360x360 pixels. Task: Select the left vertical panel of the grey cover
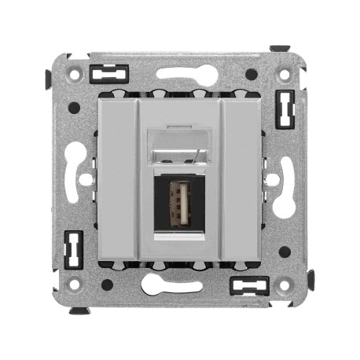point(118,178)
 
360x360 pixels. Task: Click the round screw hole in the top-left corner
point(76,75)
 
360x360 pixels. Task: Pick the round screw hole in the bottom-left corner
point(76,283)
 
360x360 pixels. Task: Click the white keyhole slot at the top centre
point(180,76)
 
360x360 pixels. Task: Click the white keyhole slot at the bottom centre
point(180,282)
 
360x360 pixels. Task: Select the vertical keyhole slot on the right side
point(276,179)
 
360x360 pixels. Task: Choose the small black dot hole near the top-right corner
point(251,75)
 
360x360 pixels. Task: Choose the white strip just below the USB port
point(180,235)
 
